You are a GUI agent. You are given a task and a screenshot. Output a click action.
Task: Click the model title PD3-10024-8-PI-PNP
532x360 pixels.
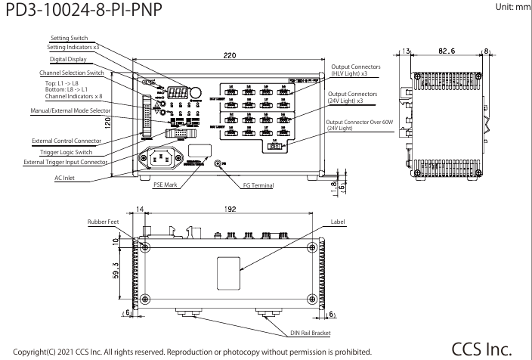coord(82,13)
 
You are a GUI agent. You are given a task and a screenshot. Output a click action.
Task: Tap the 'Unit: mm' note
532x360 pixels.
coord(511,6)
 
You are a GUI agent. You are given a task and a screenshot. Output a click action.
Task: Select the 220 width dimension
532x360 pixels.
coord(230,55)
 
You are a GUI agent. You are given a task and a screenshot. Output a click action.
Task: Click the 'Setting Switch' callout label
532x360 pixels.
coord(69,37)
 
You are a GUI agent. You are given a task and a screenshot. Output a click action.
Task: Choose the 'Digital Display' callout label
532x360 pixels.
coord(68,58)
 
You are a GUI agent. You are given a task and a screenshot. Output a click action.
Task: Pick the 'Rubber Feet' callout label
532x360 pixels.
coord(102,222)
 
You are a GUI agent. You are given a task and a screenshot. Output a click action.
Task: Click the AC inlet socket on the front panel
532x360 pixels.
coord(161,159)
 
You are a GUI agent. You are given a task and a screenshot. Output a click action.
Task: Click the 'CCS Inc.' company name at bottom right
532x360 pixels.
coord(481,348)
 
